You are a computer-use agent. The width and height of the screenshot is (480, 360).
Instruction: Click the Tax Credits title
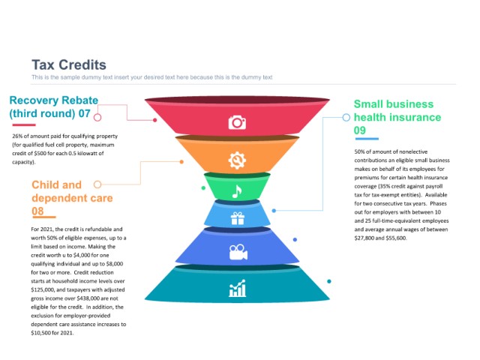69,65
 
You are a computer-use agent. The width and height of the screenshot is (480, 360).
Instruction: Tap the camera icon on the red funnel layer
237,122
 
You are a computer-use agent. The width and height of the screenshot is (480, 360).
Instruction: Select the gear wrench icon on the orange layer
237,160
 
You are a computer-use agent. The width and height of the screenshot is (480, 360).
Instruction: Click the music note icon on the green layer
237,192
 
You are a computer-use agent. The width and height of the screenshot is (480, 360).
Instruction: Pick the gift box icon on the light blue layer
237,218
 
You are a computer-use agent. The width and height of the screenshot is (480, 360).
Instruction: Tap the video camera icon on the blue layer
238,252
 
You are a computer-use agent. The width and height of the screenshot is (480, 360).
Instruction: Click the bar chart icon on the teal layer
237,288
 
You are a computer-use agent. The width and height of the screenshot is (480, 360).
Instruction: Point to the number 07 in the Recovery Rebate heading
84,113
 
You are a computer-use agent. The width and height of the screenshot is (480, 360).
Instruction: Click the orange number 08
37,211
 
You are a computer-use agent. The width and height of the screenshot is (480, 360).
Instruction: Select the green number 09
360,130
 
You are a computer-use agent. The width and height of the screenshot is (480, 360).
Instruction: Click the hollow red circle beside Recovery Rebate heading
97,117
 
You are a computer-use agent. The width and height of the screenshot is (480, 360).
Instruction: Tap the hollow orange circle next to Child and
97,184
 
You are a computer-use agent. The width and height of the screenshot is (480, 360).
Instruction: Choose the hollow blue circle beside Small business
346,117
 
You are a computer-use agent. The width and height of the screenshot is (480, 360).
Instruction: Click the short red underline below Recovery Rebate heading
24,125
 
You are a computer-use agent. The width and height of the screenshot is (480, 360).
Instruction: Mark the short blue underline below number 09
367,139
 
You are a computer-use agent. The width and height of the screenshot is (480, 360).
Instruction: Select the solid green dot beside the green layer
203,188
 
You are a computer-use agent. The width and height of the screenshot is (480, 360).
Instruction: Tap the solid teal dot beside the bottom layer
329,281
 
